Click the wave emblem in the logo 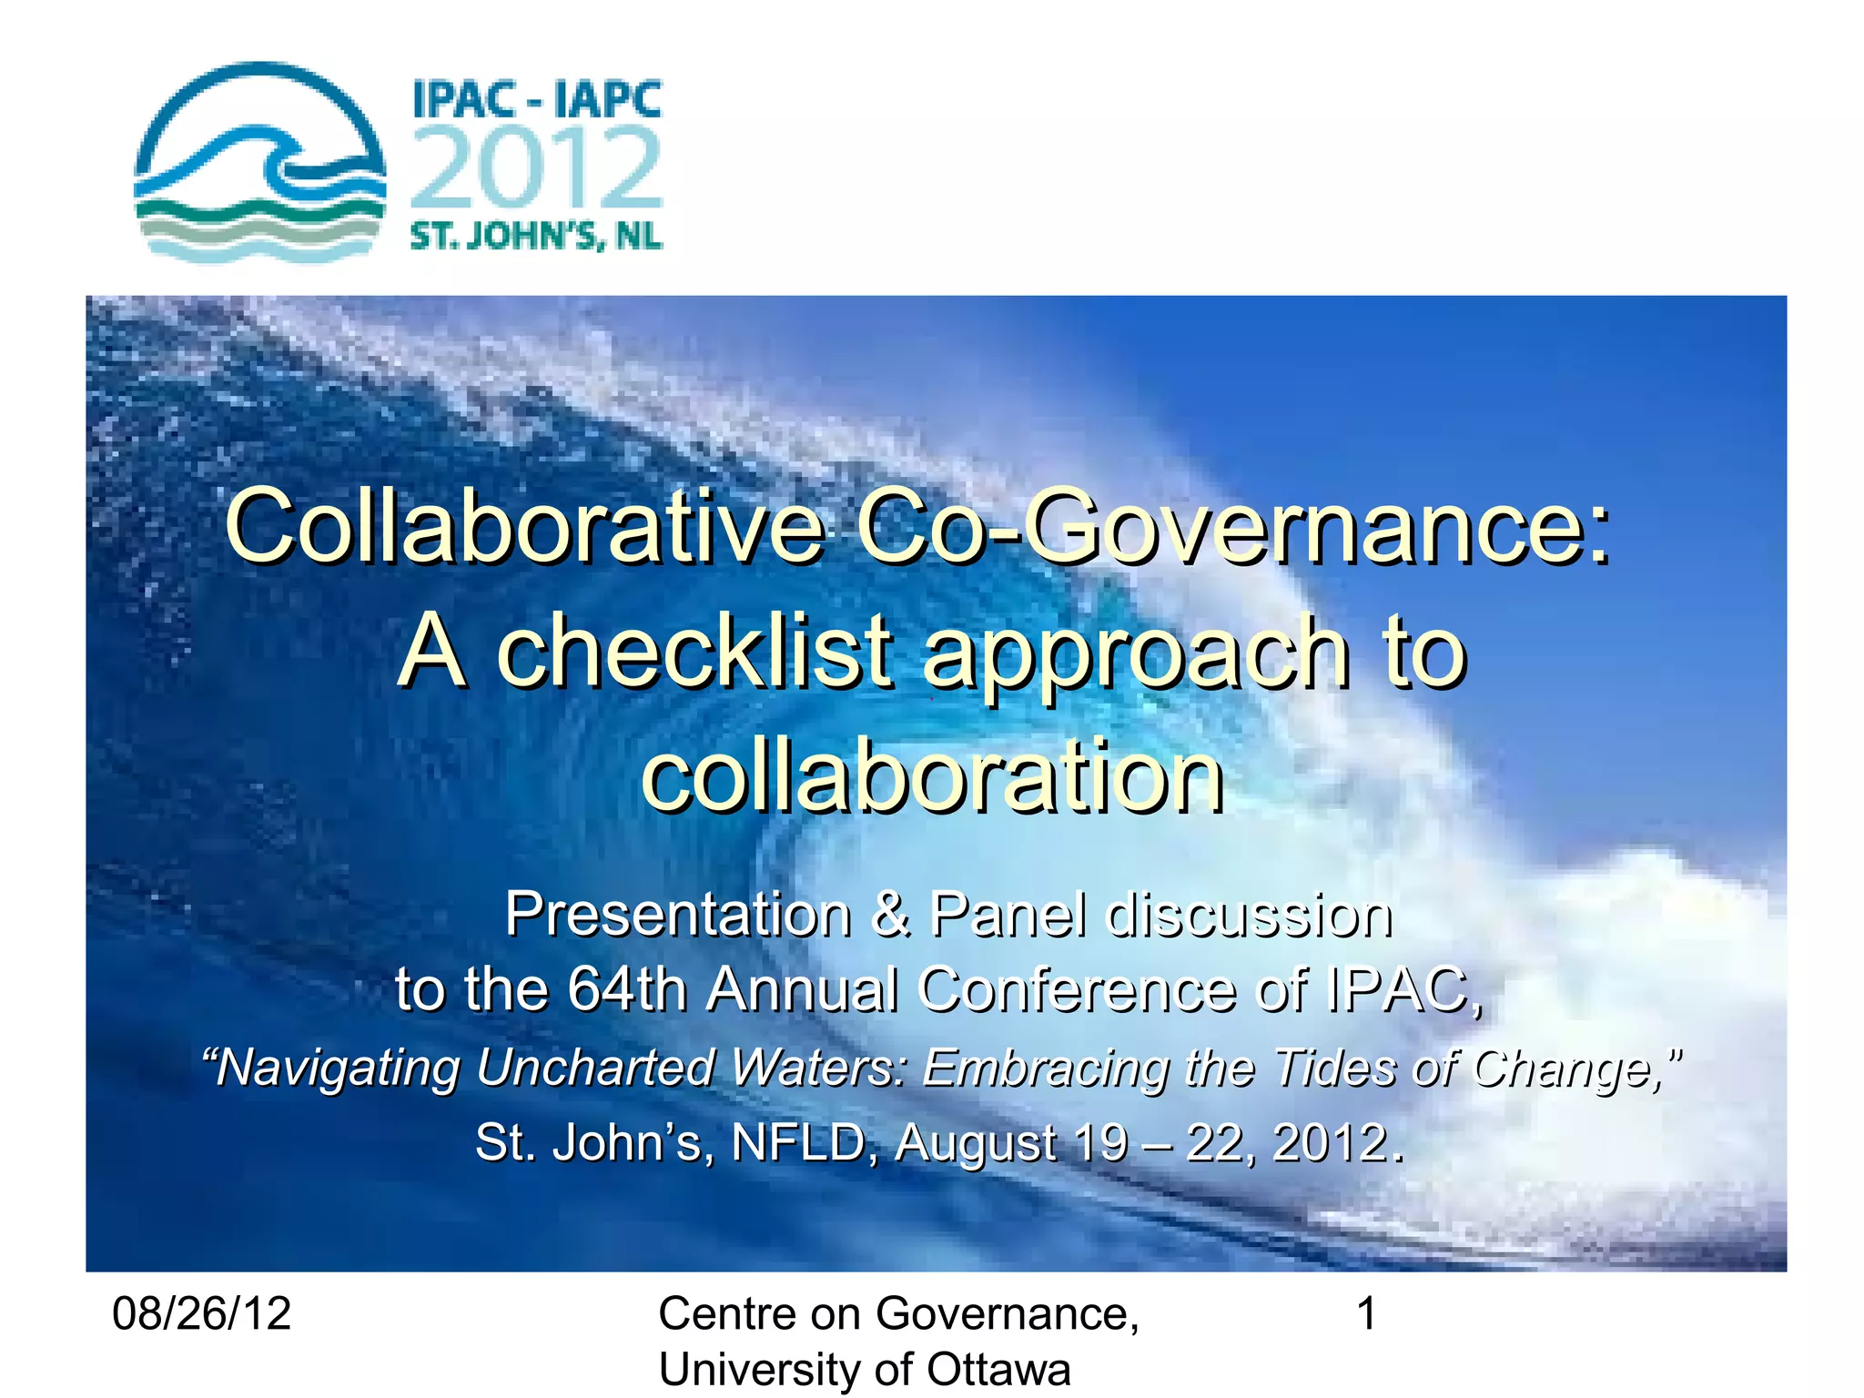(259, 164)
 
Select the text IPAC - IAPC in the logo (537, 99)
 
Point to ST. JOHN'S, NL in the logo (537, 237)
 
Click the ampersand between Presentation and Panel (891, 914)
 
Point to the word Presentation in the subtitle (678, 914)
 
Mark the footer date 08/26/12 (201, 1314)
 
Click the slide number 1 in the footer (1366, 1314)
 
